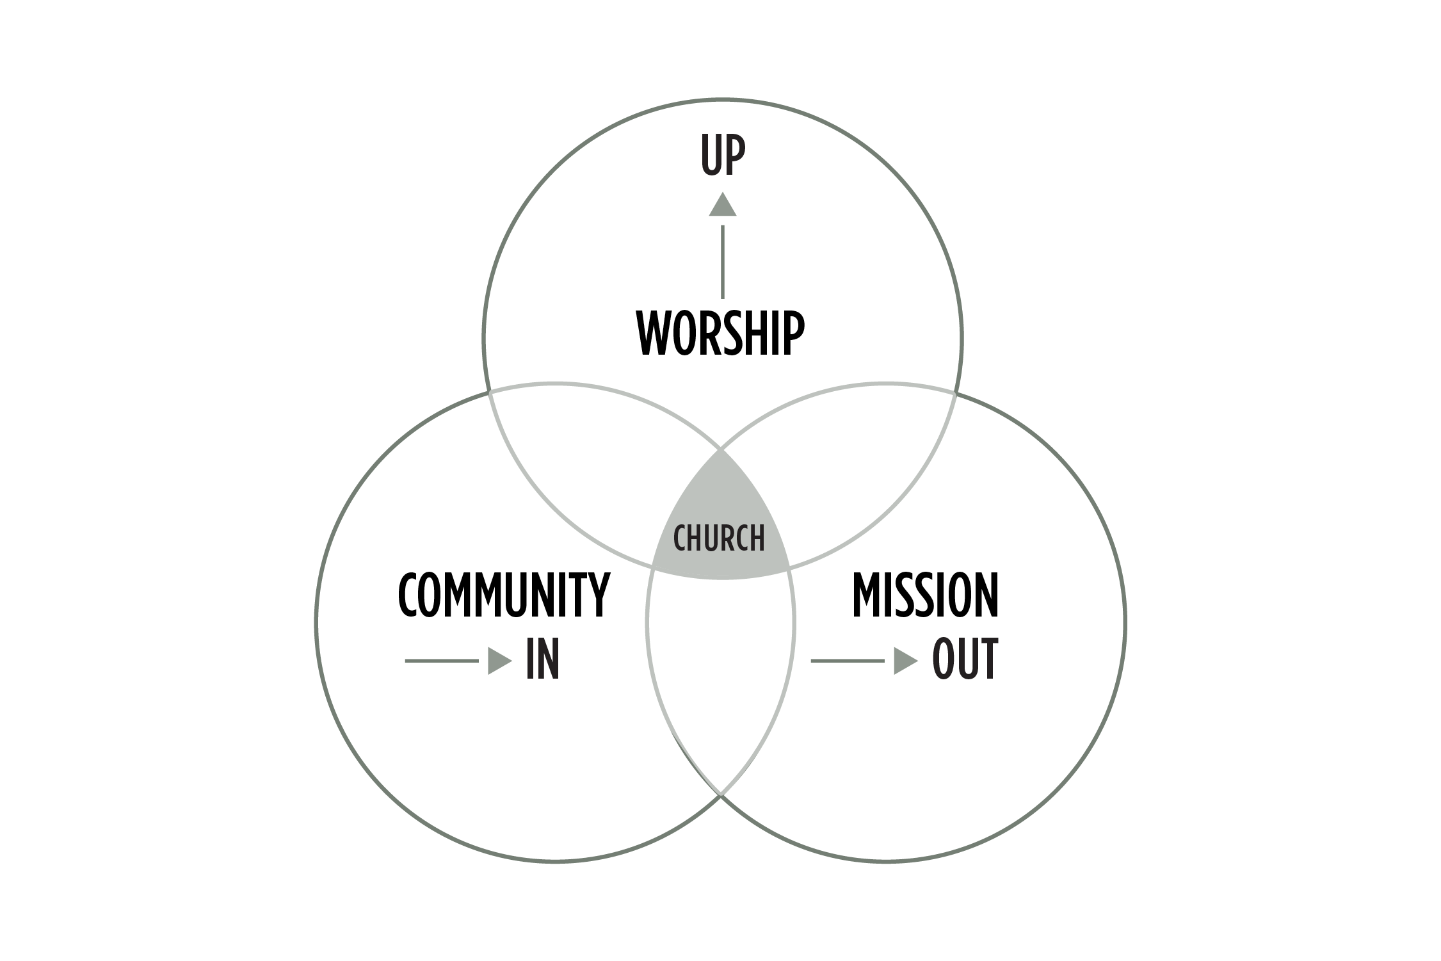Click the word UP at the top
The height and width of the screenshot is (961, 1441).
(x=723, y=156)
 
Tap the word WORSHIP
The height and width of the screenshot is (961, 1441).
(x=720, y=334)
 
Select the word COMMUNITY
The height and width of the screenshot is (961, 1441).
(x=504, y=595)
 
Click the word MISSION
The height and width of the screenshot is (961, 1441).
(x=925, y=595)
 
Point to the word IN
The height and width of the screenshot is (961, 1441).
(x=542, y=659)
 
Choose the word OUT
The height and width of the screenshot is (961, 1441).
(x=965, y=659)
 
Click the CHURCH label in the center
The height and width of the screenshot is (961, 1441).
(x=719, y=538)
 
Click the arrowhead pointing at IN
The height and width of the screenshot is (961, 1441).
(x=499, y=661)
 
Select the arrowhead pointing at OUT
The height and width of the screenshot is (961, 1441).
(x=905, y=661)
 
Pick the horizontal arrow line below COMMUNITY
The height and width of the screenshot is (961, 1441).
(x=442, y=661)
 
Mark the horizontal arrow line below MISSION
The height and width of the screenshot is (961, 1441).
(x=848, y=661)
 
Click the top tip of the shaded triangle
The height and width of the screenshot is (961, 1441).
(x=721, y=451)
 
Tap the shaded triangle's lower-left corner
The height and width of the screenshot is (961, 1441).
(x=653, y=567)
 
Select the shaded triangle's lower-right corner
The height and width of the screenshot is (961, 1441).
(x=789, y=567)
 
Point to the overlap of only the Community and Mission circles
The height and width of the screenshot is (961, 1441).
(x=721, y=672)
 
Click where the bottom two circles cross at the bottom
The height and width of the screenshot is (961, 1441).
(x=721, y=795)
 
